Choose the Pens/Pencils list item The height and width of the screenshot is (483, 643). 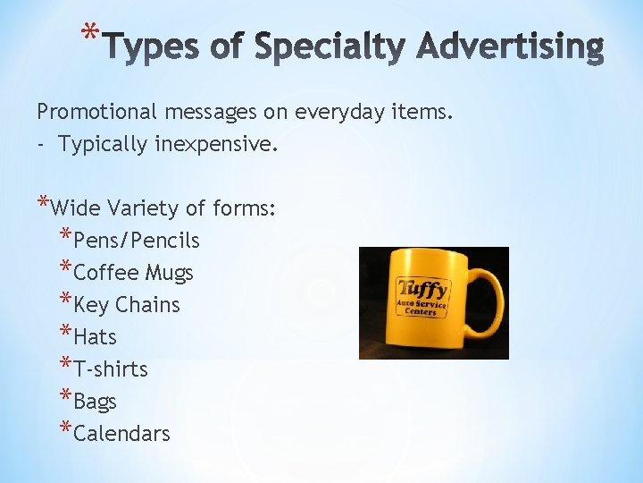click(137, 241)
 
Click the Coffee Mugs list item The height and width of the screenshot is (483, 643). click(133, 273)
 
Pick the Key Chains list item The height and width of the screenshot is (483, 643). click(127, 305)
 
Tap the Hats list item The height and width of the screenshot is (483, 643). click(96, 337)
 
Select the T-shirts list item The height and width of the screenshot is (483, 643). click(111, 369)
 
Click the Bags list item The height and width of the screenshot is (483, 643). click(96, 402)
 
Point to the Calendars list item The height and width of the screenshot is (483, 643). click(121, 434)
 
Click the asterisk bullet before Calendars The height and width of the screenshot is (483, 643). click(66, 430)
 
